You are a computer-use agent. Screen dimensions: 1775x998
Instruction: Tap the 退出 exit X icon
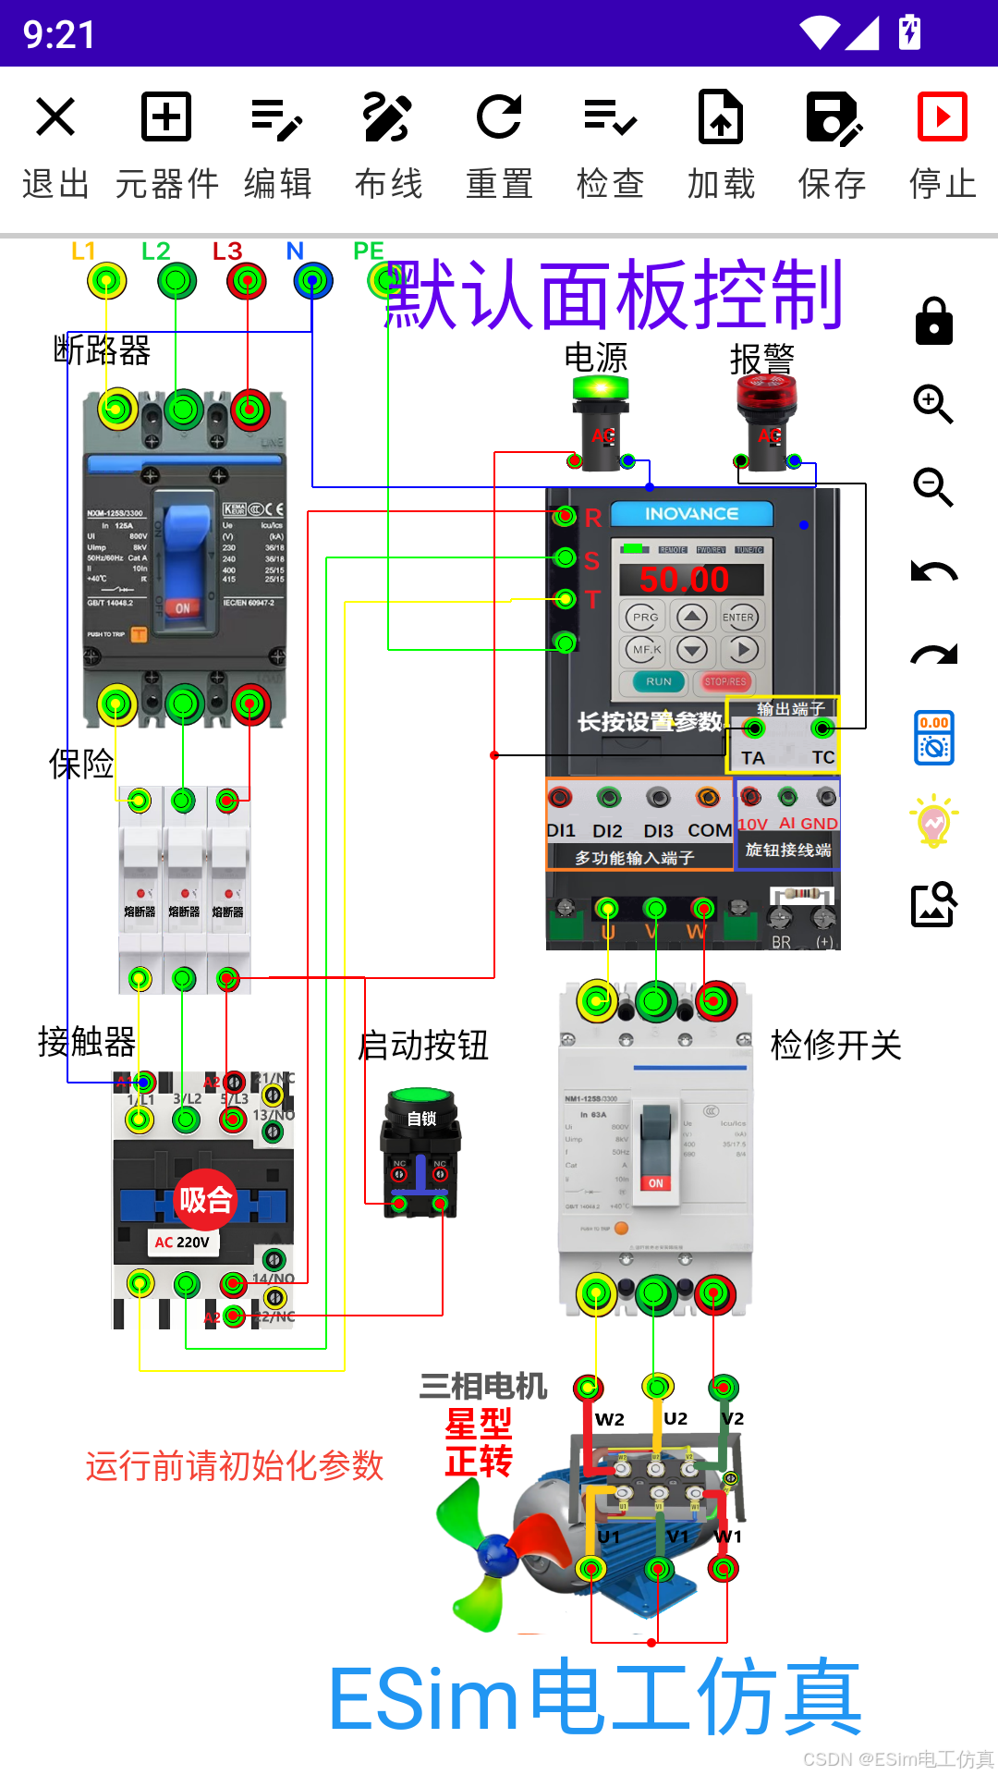(55, 117)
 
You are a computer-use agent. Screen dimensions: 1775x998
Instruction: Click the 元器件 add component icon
(166, 117)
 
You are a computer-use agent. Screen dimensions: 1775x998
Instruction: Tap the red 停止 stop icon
(942, 117)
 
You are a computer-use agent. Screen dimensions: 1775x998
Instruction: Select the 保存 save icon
(833, 117)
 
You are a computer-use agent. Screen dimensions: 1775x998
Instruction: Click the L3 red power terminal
(247, 280)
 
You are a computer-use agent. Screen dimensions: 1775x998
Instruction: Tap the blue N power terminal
(313, 280)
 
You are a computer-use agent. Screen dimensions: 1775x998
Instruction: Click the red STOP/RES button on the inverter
(724, 682)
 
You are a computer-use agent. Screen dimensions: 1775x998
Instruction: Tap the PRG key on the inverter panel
(645, 617)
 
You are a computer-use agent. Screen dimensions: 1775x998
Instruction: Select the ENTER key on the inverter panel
(738, 617)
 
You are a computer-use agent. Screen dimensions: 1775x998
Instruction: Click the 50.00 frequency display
(685, 580)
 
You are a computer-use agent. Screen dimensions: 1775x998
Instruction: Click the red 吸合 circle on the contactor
(205, 1200)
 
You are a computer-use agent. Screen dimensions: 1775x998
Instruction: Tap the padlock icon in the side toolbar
(933, 322)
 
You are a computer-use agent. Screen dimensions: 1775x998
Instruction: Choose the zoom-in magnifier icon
(933, 404)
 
